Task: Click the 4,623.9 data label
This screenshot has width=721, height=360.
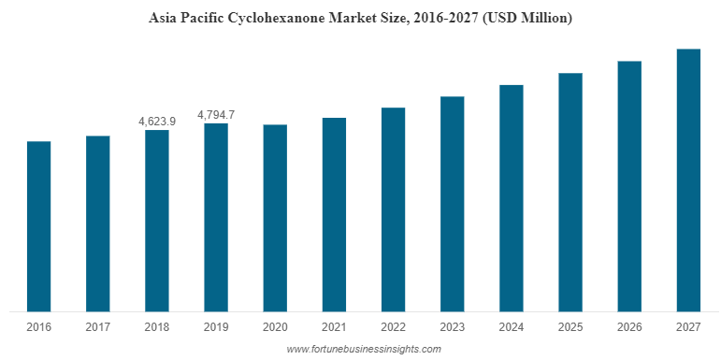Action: (157, 122)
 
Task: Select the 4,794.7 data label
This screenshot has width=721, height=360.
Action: (216, 115)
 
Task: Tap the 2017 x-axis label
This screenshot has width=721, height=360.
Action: (98, 327)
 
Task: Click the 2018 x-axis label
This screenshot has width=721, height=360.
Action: (157, 327)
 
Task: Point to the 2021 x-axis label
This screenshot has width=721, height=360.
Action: (334, 327)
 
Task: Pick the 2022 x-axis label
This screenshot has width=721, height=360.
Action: (393, 327)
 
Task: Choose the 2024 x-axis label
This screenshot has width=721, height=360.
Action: (512, 327)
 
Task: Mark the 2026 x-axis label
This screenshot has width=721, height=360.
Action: (629, 327)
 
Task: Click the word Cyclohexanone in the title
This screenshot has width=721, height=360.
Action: (276, 18)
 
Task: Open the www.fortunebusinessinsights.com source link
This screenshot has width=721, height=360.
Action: (363, 349)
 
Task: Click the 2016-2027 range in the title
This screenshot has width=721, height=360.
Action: (447, 18)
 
